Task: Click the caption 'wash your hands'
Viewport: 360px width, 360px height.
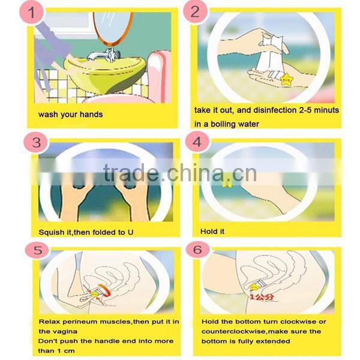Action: pos(70,114)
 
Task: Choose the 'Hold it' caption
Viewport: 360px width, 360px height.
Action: pos(213,232)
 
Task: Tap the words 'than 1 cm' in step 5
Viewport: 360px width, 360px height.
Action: pos(57,350)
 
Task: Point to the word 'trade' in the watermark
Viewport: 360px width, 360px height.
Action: pos(130,174)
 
